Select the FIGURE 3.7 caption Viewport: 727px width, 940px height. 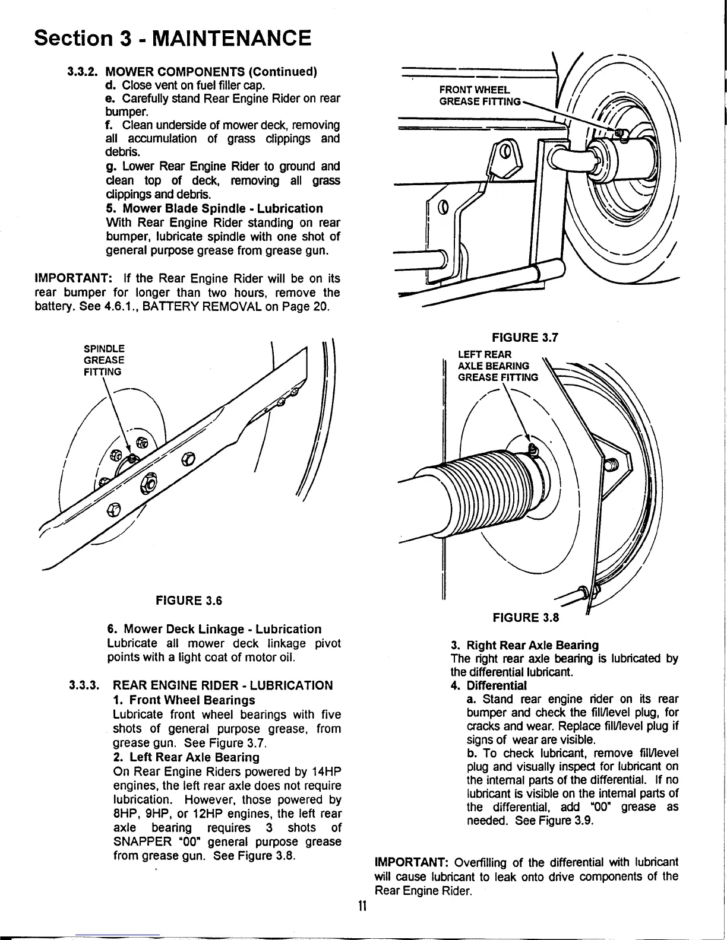click(x=525, y=338)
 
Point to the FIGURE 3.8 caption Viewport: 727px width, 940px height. click(x=526, y=618)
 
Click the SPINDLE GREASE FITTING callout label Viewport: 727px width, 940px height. click(x=104, y=360)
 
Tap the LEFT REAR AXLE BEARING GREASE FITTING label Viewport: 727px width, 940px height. click(x=498, y=366)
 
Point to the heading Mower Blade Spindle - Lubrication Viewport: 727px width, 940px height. click(x=214, y=209)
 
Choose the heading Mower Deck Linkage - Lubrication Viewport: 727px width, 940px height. click(x=214, y=629)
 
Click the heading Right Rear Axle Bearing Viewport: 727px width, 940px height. click(x=532, y=645)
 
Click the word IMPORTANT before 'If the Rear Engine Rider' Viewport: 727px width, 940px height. click(x=71, y=279)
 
